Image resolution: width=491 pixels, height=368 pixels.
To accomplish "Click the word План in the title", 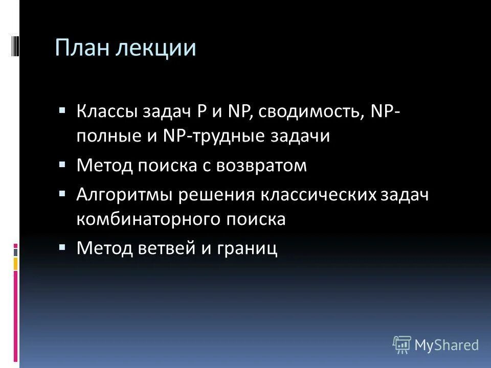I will (x=83, y=49).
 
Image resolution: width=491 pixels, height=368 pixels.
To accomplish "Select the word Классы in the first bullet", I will (x=106, y=111).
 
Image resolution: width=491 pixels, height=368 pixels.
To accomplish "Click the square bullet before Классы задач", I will (x=62, y=110).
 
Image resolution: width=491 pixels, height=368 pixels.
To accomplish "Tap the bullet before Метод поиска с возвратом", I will (x=62, y=165).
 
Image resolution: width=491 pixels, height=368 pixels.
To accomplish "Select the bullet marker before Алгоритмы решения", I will (x=62, y=193).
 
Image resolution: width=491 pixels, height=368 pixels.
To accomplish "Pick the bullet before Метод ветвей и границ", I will (x=62, y=247).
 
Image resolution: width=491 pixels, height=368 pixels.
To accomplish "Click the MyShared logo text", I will (x=447, y=345).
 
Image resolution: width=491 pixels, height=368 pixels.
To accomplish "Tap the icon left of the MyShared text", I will (x=402, y=345).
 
